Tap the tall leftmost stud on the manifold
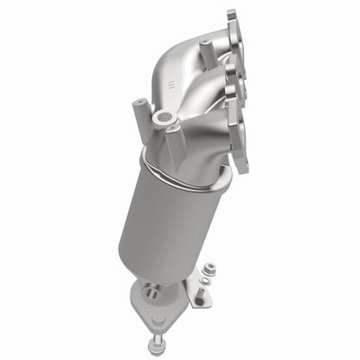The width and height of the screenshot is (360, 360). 139,112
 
